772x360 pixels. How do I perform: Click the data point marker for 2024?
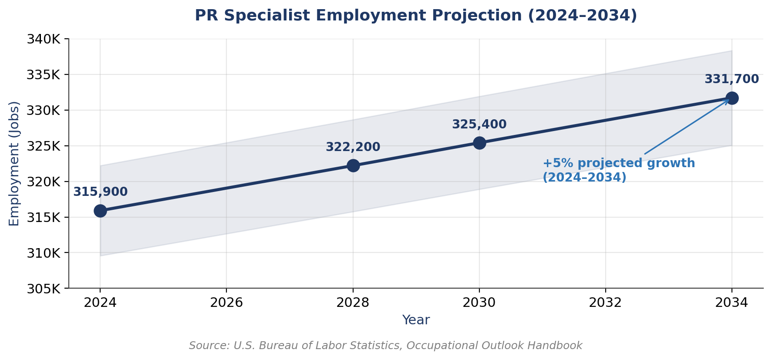[x=100, y=211]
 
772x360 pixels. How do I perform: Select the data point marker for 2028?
[x=353, y=165]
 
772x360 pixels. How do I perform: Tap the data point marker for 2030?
[x=479, y=143]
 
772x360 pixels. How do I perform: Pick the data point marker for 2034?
[x=732, y=98]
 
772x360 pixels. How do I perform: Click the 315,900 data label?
[x=100, y=192]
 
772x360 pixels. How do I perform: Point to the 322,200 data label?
[x=353, y=147]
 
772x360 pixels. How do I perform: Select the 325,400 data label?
[x=479, y=124]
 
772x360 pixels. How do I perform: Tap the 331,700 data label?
[x=732, y=79]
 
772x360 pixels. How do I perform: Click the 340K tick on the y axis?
[x=43, y=39]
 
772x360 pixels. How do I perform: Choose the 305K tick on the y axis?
[x=43, y=289]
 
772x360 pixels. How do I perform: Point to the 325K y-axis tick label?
[x=43, y=146]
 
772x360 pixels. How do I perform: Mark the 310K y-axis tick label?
[x=43, y=253]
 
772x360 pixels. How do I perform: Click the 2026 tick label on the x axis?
[x=226, y=303]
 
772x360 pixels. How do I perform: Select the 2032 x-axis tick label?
[x=605, y=303]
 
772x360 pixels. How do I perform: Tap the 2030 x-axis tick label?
[x=479, y=303]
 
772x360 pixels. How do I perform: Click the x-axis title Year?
[x=416, y=320]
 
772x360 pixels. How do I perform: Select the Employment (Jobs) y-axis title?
[x=14, y=163]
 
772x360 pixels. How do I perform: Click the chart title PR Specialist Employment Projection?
[x=416, y=16]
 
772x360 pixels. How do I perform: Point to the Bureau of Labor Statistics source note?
[x=385, y=346]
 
